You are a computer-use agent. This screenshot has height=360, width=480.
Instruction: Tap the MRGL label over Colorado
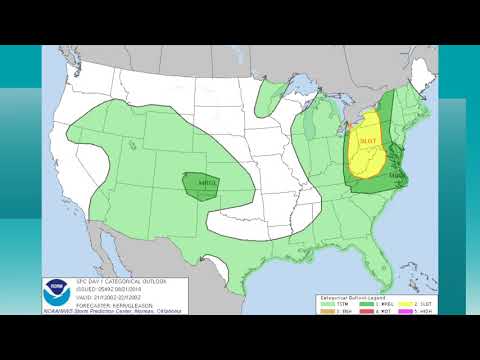tap(208, 184)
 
